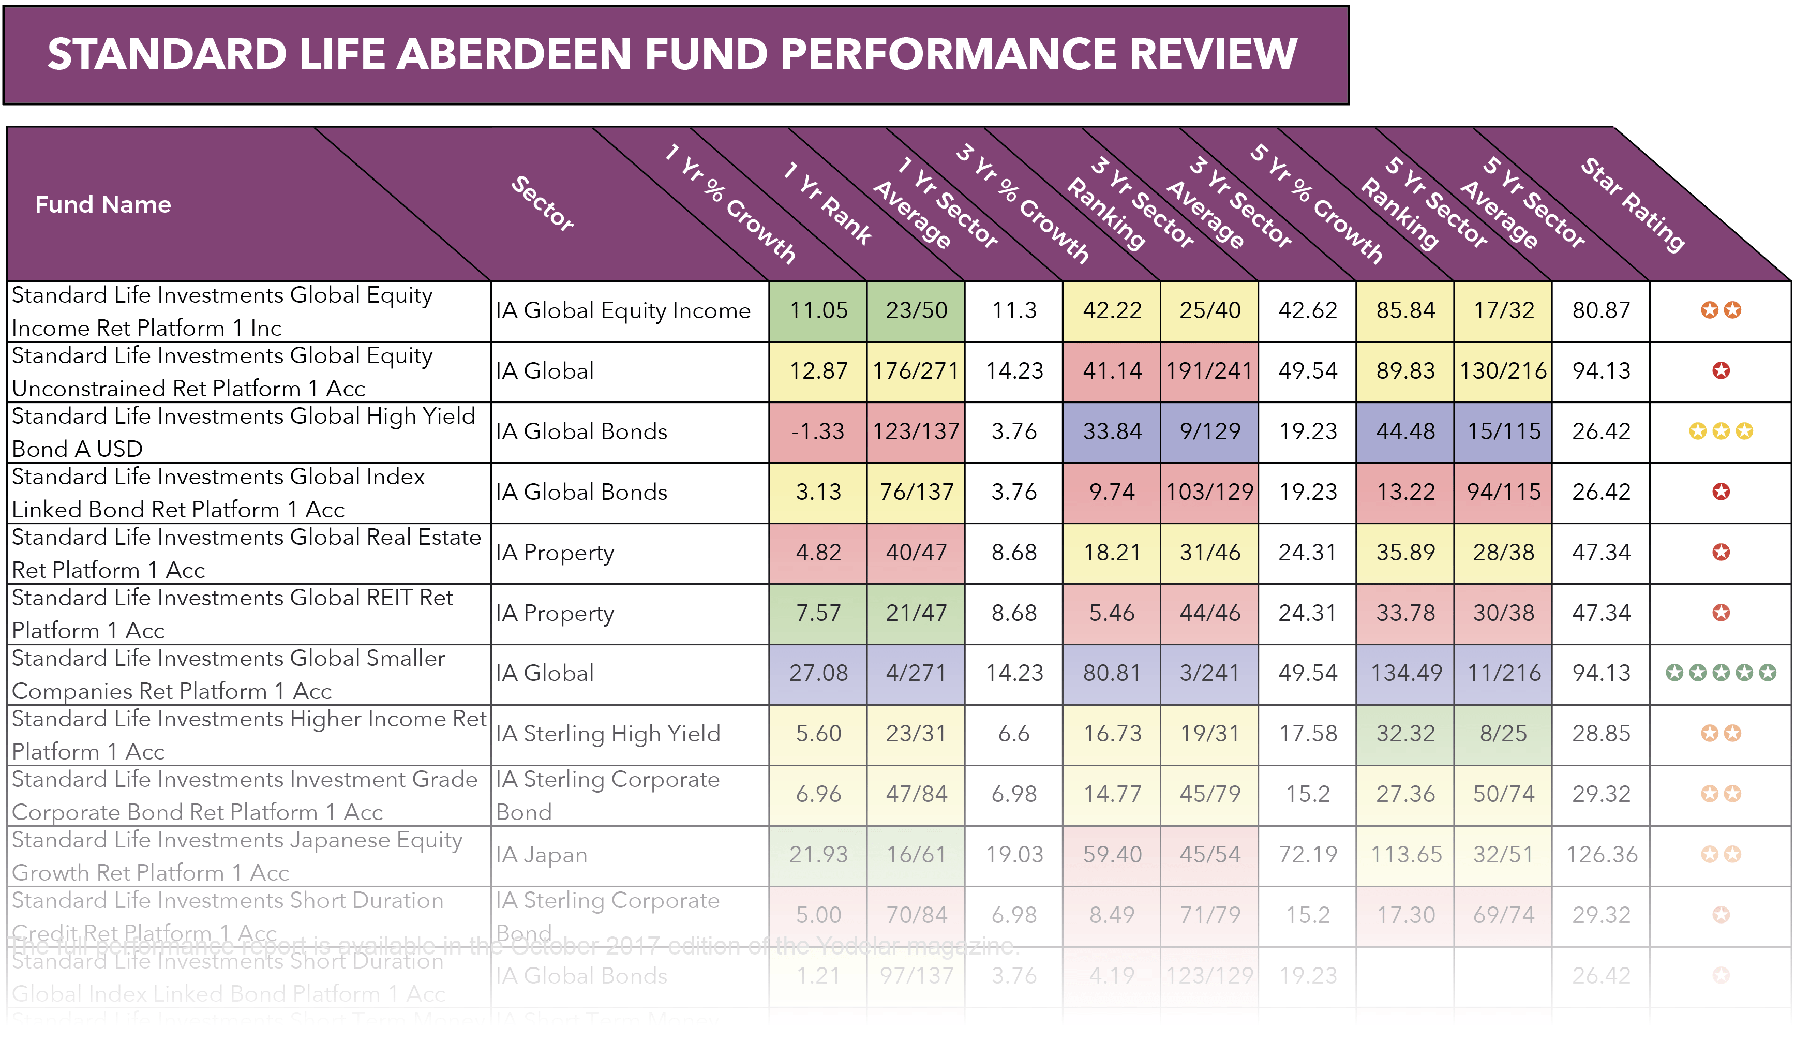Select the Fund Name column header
103,205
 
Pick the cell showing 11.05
818,310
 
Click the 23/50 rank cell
916,310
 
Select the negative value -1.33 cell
818,431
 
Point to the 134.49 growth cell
1405,673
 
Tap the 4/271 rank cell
916,673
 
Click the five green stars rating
1720,673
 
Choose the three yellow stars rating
1720,431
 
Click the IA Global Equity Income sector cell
623,310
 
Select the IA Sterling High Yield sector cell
608,734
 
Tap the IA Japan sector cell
542,855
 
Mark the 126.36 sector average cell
1601,855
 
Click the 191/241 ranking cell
1209,371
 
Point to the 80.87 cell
1601,310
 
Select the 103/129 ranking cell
1209,492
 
